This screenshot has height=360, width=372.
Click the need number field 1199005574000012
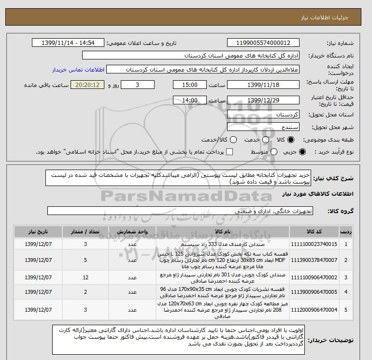[263, 43]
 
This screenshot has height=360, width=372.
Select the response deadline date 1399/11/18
[263, 85]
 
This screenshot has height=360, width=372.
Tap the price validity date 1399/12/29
[263, 101]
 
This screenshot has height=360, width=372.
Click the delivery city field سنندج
[263, 127]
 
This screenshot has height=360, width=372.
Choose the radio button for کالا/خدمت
[232, 140]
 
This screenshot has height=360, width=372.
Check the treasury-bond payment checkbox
[229, 152]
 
